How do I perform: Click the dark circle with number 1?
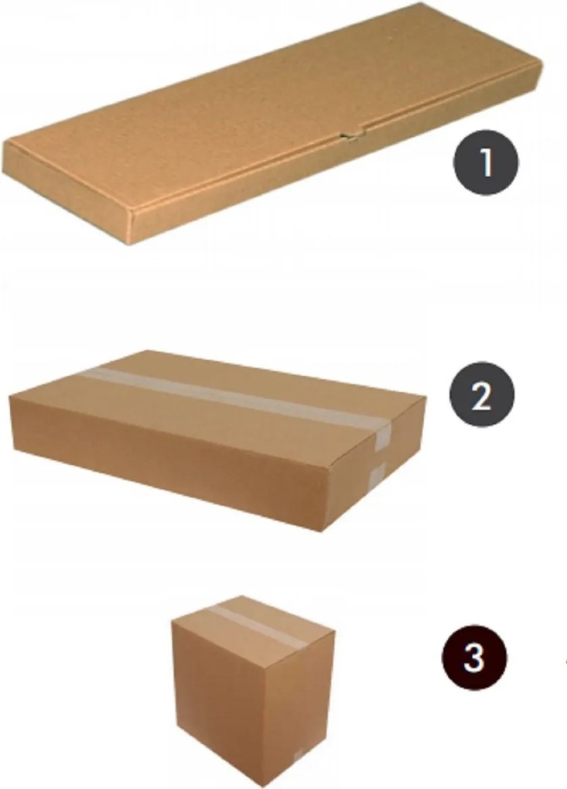(486, 162)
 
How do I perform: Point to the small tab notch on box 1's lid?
(352, 135)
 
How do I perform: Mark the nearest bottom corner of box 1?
(133, 244)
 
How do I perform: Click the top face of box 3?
(253, 620)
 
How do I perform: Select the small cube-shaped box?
(253, 690)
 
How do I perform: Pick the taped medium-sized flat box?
(218, 441)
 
